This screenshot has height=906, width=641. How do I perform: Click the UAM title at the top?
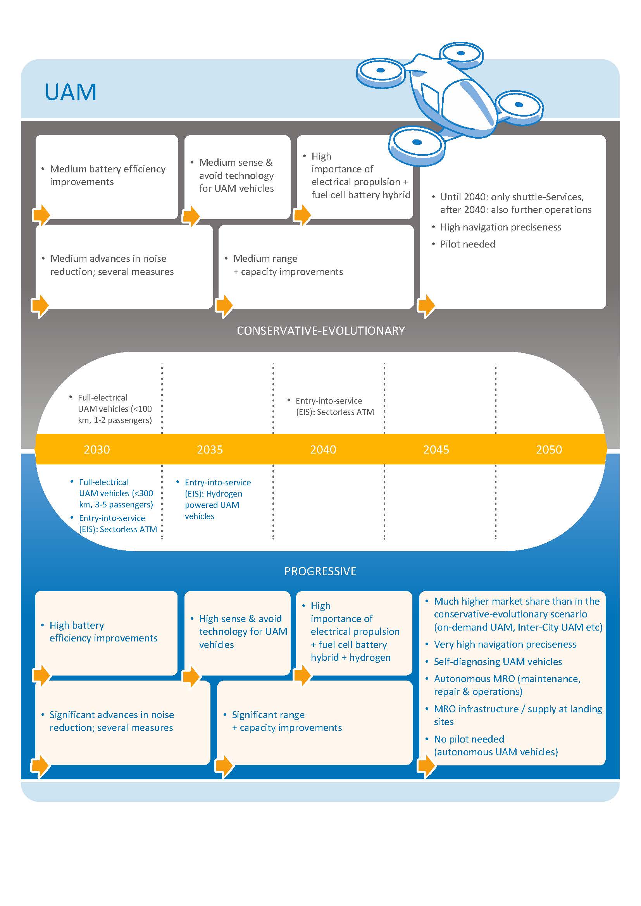pos(71,92)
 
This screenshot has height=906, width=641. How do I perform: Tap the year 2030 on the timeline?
pos(97,449)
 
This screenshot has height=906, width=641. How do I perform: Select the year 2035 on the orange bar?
pos(210,449)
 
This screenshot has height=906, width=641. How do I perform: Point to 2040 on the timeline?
pos(323,449)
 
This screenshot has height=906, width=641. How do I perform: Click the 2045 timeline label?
pos(436,449)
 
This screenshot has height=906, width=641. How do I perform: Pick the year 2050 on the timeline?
pos(549,449)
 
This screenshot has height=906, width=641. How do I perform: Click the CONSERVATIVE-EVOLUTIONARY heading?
pos(321,331)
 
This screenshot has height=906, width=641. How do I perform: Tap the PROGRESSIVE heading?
pos(320,571)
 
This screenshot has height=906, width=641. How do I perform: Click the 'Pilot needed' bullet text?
pos(468,244)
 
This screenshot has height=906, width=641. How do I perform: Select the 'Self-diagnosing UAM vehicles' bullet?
pos(498,662)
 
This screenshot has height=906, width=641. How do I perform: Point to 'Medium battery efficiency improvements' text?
pos(108,175)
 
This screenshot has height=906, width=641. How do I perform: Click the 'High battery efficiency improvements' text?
pos(103,632)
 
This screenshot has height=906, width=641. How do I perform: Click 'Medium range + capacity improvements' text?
pos(288,265)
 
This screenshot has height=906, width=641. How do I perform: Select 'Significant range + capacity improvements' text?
pos(287,721)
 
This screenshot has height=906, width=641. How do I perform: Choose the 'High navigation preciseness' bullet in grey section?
pos(500,227)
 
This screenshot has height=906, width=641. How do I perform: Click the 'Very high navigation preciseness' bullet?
pos(505,645)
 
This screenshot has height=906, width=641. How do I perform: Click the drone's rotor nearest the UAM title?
pos(381,73)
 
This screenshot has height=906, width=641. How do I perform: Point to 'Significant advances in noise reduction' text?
pos(112,721)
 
